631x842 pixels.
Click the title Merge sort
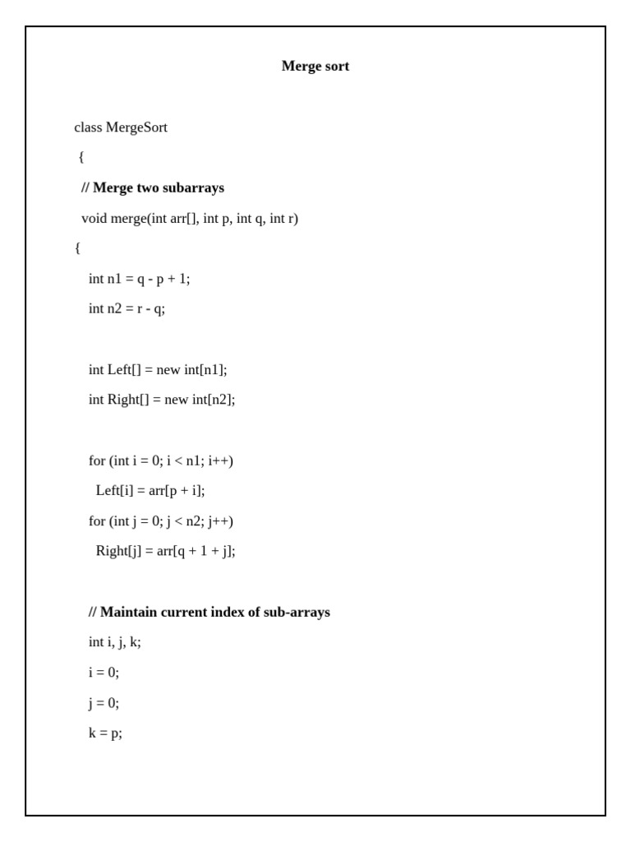(x=315, y=67)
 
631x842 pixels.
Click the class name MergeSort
(x=136, y=127)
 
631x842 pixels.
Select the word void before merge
(x=94, y=219)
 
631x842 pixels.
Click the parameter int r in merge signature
(x=283, y=219)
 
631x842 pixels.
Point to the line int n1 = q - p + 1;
(x=139, y=279)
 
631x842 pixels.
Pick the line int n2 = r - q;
(x=127, y=309)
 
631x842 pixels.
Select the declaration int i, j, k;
(x=114, y=642)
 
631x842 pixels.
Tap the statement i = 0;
(x=104, y=673)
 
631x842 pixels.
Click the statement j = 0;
(x=104, y=703)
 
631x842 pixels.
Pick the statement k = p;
(x=105, y=733)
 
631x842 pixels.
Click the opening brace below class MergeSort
(x=81, y=157)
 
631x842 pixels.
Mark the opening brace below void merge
(x=77, y=248)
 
